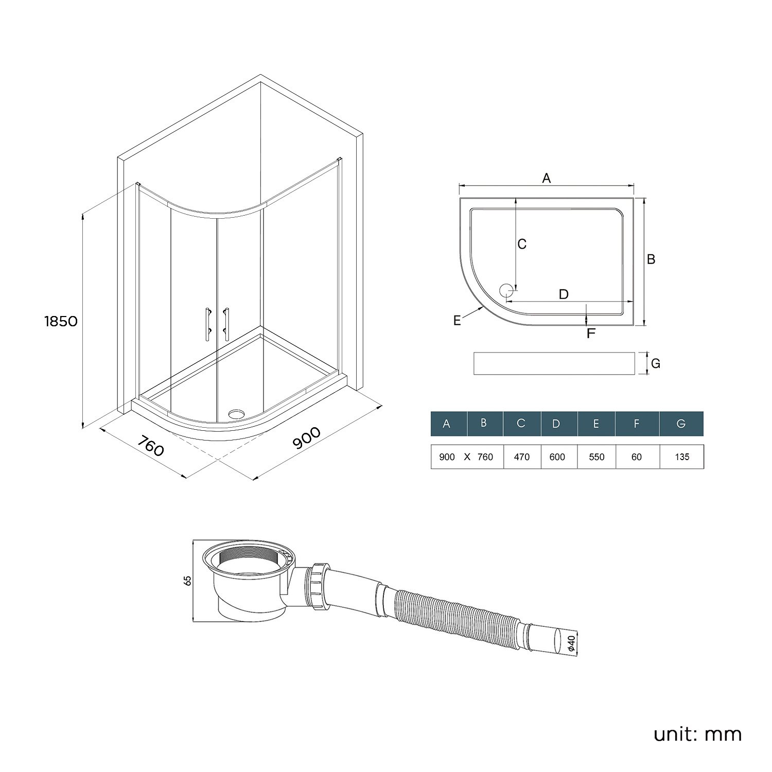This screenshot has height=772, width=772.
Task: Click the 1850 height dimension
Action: [x=61, y=321]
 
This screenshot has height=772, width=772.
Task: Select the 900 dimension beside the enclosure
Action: [x=307, y=438]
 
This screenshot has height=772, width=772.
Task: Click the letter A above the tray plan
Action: [x=547, y=178]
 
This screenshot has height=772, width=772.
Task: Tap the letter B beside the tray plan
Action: [x=651, y=259]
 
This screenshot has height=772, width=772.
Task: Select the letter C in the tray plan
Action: [x=522, y=244]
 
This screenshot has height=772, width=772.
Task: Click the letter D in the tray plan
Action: [x=564, y=294]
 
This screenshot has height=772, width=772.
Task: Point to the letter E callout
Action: [x=457, y=321]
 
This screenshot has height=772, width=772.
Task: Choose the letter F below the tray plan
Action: [x=591, y=334]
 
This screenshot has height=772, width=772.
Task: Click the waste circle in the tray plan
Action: [x=506, y=291]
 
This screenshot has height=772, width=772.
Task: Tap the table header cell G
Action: [x=681, y=424]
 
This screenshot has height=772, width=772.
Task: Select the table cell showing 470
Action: [x=522, y=457]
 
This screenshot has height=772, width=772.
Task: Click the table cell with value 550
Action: [x=596, y=457]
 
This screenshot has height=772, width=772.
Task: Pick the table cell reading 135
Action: [x=682, y=457]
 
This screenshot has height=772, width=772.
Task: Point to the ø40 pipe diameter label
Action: [x=572, y=643]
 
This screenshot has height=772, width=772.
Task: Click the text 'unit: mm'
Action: [x=697, y=734]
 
